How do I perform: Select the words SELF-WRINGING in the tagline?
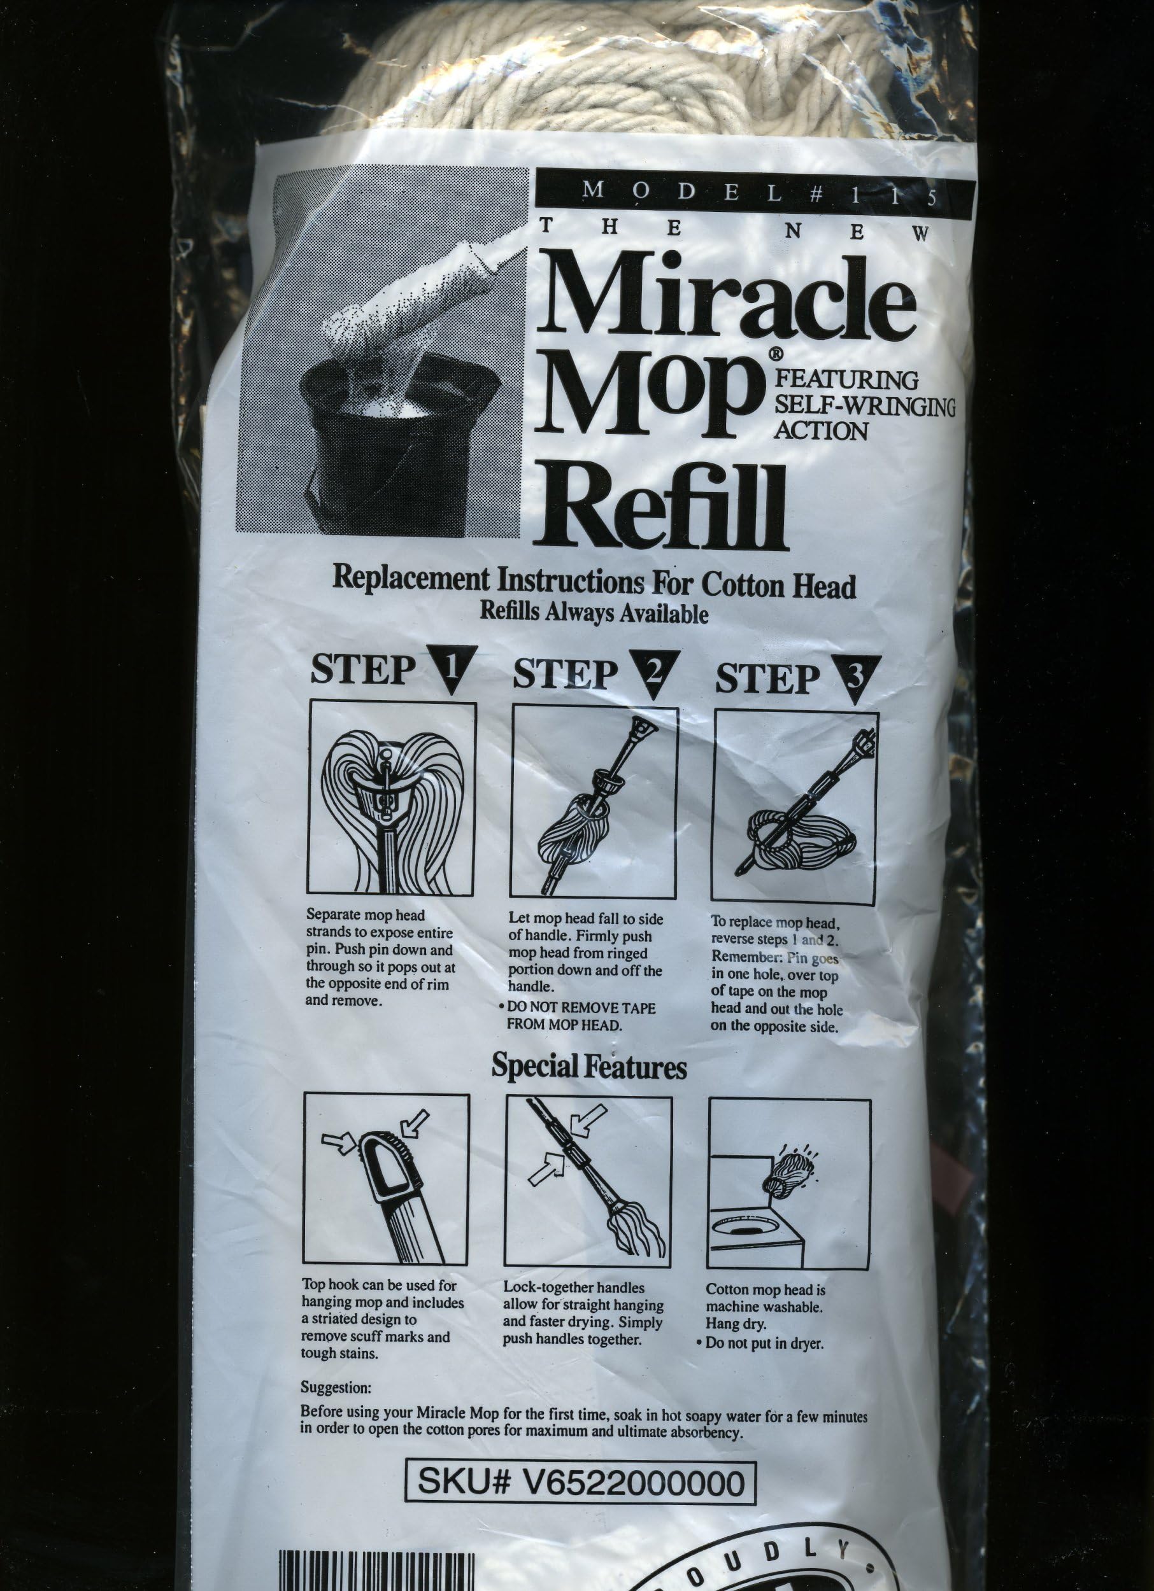pos(864,405)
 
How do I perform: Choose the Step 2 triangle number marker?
pos(654,672)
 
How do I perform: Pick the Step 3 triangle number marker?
pos(854,677)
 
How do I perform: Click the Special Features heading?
pos(588,1067)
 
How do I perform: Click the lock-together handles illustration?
pos(588,1182)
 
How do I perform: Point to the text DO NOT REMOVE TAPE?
pos(581,1008)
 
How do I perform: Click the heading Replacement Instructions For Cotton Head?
pos(594,582)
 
